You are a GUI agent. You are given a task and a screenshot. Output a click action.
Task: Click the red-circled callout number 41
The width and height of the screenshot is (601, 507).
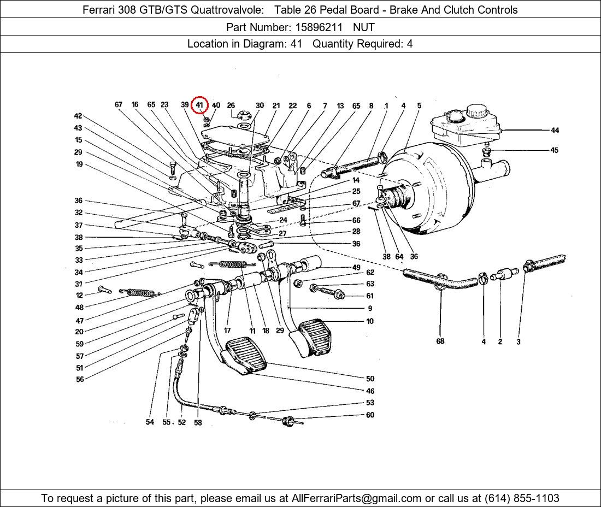pos(199,105)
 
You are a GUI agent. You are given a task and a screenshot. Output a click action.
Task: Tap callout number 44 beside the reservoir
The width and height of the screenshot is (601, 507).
pos(555,130)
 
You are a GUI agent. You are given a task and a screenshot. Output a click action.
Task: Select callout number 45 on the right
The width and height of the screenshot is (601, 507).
pos(555,150)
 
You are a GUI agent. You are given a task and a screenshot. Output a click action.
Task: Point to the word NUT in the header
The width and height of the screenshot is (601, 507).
pos(363,27)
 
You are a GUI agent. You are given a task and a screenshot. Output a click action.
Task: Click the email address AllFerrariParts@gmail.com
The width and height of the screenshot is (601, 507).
pos(357,498)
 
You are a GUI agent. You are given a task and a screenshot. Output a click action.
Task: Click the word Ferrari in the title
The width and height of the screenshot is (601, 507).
pos(101,10)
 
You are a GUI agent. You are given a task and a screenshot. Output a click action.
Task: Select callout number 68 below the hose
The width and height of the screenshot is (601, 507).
pos(440,341)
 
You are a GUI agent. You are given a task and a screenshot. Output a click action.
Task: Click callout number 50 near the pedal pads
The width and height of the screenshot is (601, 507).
pos(370,379)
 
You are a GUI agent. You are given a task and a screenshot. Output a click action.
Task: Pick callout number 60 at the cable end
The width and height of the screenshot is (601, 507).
pos(370,415)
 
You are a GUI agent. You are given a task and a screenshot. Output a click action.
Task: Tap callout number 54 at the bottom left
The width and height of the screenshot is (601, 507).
pos(150,422)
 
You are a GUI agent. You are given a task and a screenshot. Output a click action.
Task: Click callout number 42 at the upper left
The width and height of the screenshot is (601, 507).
pos(78,116)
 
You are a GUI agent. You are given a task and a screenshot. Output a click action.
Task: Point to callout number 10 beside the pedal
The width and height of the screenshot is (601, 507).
pos(370,321)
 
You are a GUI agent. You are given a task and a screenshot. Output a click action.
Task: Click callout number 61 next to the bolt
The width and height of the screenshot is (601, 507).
pos(370,296)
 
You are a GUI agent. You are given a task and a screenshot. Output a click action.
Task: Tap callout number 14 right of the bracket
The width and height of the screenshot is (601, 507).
pos(356,180)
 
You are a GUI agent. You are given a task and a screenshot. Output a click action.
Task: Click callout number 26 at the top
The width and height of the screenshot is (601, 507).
pos(231,105)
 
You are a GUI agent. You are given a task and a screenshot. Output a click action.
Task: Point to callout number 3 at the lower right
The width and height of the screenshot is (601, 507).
pos(518,342)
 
